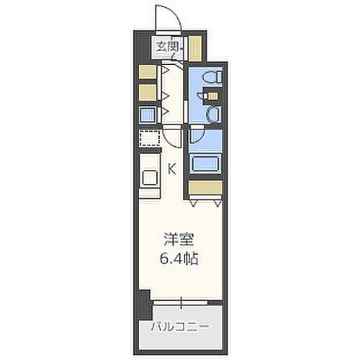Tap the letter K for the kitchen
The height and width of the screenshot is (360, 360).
tap(171, 169)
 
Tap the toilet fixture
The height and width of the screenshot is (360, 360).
tap(212, 78)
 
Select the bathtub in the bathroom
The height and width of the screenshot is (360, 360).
tap(208, 162)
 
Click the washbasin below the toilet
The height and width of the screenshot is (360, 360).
tap(213, 114)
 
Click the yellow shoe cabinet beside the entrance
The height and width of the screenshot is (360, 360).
tap(195, 48)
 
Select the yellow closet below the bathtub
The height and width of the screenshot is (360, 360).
tap(207, 188)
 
